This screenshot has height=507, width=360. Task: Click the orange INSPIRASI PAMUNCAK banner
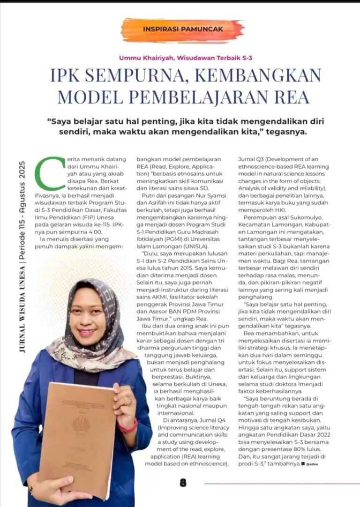point(182,30)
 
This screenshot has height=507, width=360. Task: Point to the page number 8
point(183,482)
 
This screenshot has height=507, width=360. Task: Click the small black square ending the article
point(303,463)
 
